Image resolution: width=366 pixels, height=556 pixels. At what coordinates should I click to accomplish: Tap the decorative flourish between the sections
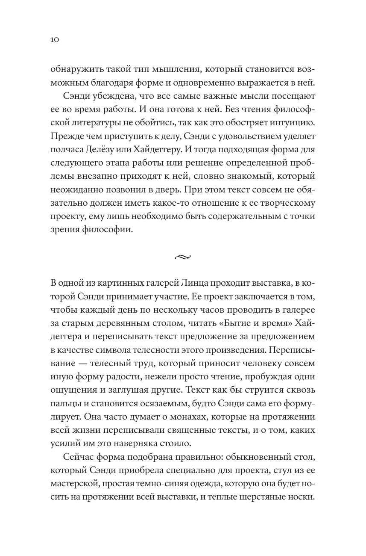[183, 257]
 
